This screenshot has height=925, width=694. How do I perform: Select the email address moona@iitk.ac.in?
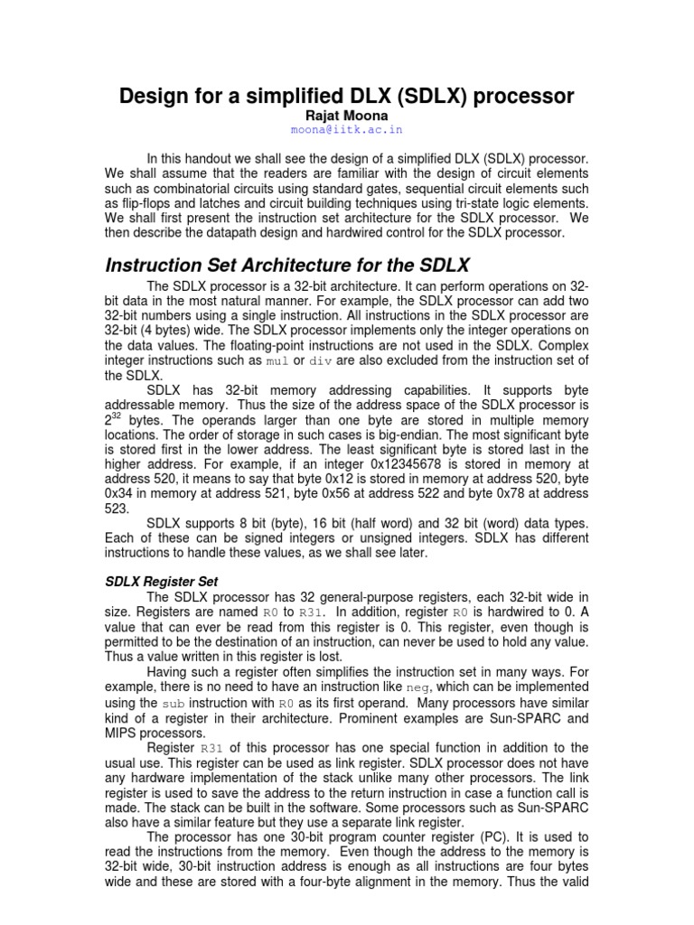(x=347, y=130)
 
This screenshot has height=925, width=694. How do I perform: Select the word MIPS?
(x=122, y=733)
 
